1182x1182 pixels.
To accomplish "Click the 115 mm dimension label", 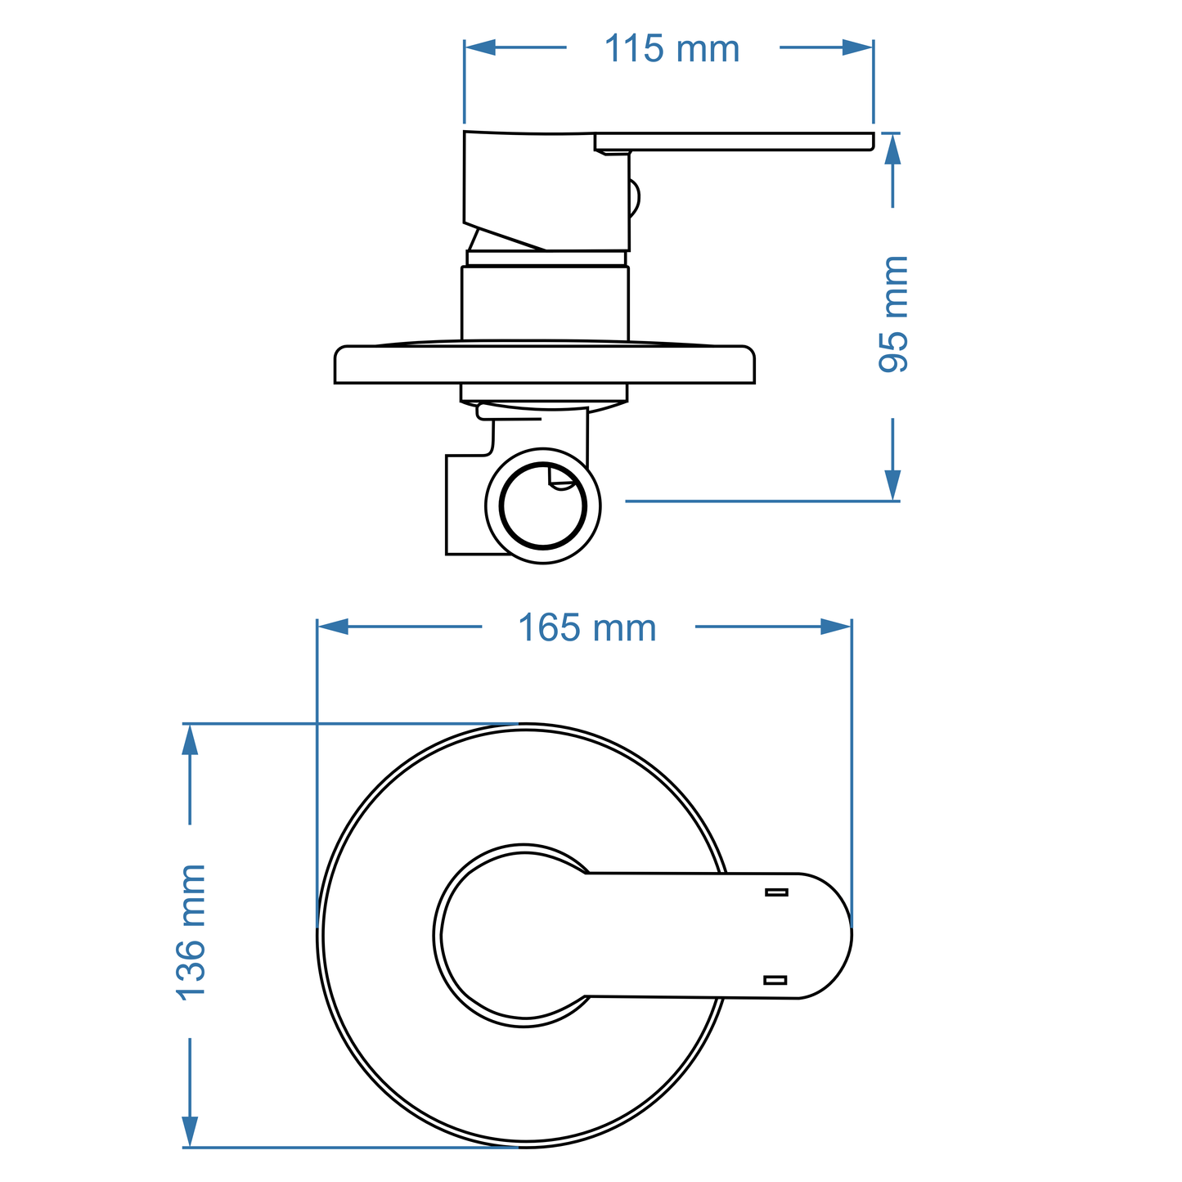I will click(x=672, y=49).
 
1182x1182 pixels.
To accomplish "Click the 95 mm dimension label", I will click(x=893, y=314).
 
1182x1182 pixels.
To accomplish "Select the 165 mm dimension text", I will click(x=587, y=628).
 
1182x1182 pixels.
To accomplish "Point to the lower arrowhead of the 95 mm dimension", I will click(x=892, y=483).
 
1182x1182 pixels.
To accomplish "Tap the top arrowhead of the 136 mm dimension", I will click(x=190, y=740).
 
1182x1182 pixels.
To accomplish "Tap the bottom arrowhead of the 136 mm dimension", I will click(x=190, y=1130).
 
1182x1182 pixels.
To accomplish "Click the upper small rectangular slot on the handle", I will click(x=776, y=892).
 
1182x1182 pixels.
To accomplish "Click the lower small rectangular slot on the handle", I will click(x=775, y=979).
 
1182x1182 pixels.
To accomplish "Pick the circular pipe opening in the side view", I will click(x=542, y=506).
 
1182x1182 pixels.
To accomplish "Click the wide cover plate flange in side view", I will click(x=544, y=365).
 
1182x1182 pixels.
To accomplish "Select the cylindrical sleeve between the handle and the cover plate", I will click(x=545, y=303).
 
